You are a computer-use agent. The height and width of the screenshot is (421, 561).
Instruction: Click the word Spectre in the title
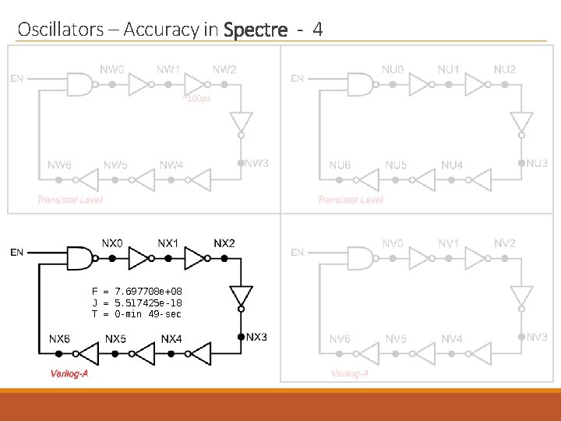point(255,30)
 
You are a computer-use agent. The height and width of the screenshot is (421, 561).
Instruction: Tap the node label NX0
point(112,243)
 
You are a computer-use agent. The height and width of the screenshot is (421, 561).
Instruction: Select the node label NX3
point(257,337)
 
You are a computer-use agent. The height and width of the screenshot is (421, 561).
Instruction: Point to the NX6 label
point(60,339)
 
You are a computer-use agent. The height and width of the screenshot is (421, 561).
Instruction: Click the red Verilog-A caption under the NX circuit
point(72,373)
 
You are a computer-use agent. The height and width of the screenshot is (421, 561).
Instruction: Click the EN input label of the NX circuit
point(16,252)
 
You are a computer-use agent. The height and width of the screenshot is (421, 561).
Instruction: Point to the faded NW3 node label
point(257,163)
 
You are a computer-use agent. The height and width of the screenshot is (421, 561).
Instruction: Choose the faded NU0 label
point(393,69)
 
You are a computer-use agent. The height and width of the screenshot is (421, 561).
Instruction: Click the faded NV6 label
point(340,339)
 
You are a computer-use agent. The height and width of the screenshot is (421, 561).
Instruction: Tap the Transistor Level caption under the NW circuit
point(69,200)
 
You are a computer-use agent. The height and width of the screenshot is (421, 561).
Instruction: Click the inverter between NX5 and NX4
point(140,355)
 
